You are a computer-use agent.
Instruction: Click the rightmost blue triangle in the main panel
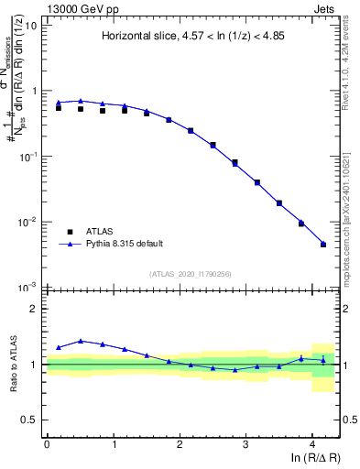pyautogui.click(x=322, y=244)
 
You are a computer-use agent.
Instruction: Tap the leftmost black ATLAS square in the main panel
pyautogui.click(x=59, y=108)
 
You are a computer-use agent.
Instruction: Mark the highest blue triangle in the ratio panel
pyautogui.click(x=81, y=341)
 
